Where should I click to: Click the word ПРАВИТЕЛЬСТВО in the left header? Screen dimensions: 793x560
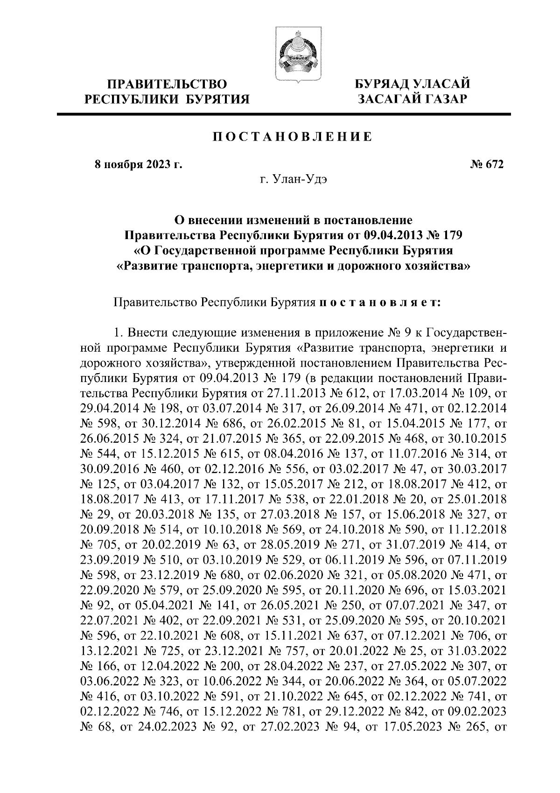pos(168,85)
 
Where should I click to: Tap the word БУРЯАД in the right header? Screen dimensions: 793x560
pos(381,85)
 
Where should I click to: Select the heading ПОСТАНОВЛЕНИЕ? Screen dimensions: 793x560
pos(293,137)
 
